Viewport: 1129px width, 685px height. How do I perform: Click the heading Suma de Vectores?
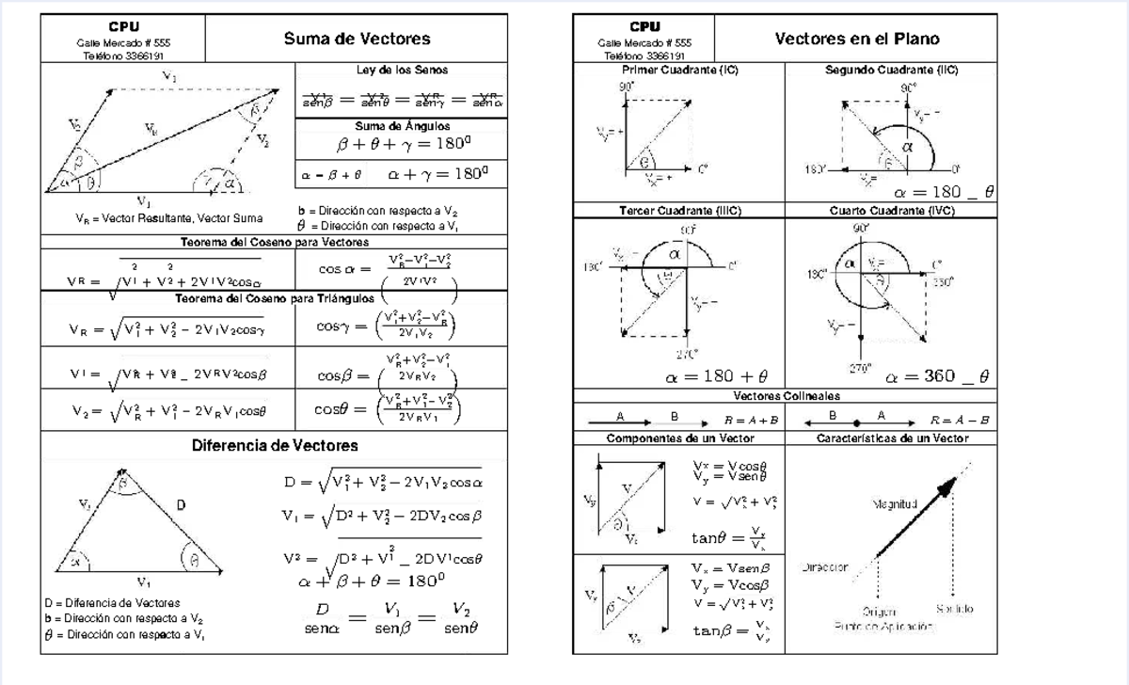point(357,39)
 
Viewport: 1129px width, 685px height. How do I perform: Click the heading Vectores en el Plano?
point(857,39)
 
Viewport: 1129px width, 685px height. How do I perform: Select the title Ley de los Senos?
point(403,70)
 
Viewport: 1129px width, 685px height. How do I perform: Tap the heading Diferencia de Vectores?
point(275,445)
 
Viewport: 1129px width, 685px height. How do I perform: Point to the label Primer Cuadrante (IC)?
point(679,71)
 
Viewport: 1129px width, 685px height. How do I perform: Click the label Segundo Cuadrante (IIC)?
point(891,71)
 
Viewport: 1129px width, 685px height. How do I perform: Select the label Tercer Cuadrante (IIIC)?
point(679,211)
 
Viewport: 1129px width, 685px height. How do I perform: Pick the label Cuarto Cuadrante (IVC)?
point(891,211)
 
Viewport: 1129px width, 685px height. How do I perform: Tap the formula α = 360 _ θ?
point(937,376)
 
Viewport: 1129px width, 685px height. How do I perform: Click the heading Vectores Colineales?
point(787,396)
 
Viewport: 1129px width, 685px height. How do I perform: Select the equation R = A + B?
point(751,420)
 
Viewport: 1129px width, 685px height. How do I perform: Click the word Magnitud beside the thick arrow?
point(894,505)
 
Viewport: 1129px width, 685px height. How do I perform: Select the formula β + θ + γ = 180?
point(403,146)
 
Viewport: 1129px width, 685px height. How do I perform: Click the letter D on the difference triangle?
point(181,505)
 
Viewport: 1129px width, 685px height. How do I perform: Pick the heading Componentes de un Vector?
point(678,438)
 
